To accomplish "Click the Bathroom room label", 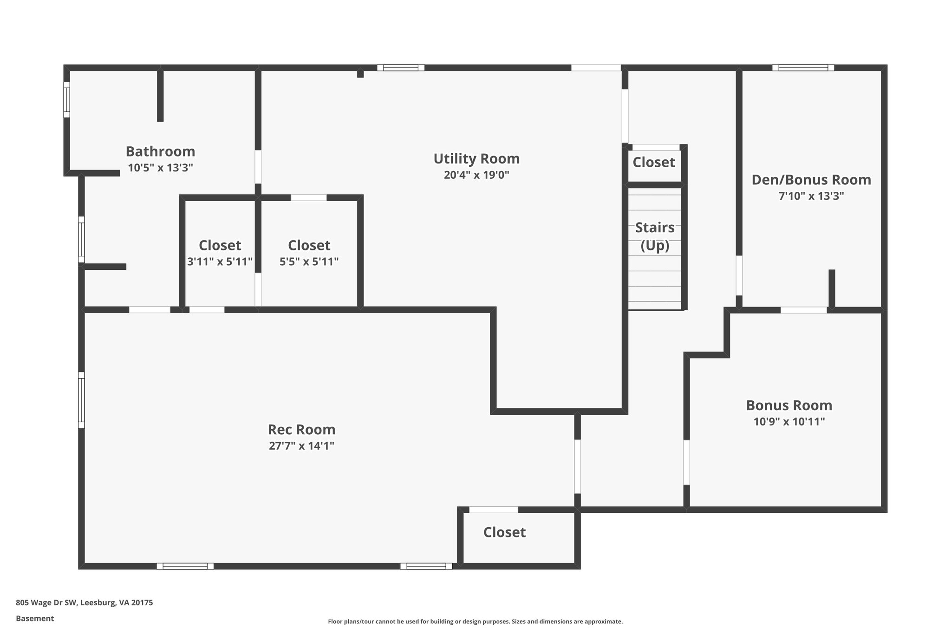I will [x=160, y=151].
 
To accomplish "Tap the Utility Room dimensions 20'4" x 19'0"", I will [x=476, y=175].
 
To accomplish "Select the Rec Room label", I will [x=301, y=429].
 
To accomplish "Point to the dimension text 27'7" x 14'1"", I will [x=301, y=446].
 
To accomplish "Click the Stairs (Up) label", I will [x=655, y=236].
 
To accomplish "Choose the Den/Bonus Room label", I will [x=811, y=180].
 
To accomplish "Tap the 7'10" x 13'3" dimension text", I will [x=811, y=196].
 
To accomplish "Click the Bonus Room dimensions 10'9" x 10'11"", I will [x=789, y=422].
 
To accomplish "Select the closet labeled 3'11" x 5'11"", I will [x=220, y=253].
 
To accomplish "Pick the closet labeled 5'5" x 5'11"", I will [x=309, y=253].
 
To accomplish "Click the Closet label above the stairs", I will [x=654, y=162].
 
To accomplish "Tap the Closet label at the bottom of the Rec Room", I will [x=504, y=532].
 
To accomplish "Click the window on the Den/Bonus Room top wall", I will [x=803, y=68].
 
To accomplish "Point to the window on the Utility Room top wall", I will [x=401, y=68].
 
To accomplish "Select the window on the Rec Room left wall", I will [x=81, y=400].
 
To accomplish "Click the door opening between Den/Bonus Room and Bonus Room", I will [x=803, y=310].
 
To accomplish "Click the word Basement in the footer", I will [x=35, y=618].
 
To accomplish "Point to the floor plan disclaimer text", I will [x=475, y=621].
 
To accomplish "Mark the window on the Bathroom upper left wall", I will [x=66, y=100].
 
